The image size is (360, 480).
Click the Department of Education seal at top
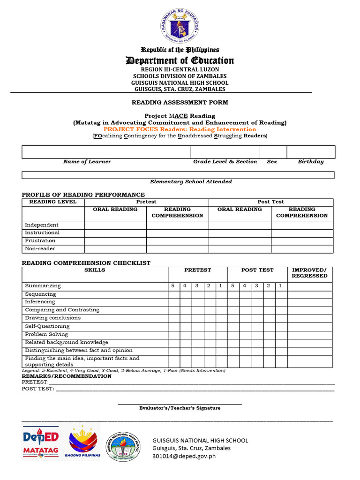(x=180, y=25)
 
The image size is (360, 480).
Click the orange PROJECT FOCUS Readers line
(x=180, y=129)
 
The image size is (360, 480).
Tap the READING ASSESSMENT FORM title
(x=180, y=102)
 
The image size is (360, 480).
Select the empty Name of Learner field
(x=106, y=152)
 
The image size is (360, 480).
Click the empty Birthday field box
(x=311, y=152)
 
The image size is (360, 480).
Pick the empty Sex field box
(x=273, y=152)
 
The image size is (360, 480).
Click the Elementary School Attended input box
(x=178, y=175)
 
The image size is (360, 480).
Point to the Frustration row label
(x=40, y=241)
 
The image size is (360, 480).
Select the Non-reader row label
(x=40, y=249)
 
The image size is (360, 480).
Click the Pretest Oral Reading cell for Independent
(x=115, y=225)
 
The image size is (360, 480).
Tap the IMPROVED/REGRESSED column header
(x=309, y=273)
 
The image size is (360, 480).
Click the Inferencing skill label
(x=40, y=302)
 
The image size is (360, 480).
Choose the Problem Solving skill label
(x=46, y=335)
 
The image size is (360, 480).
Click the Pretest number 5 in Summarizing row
(x=173, y=286)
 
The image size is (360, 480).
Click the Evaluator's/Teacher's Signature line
(x=180, y=403)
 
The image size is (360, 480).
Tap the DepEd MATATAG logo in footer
(x=41, y=442)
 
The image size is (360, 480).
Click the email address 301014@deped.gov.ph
(x=184, y=456)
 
